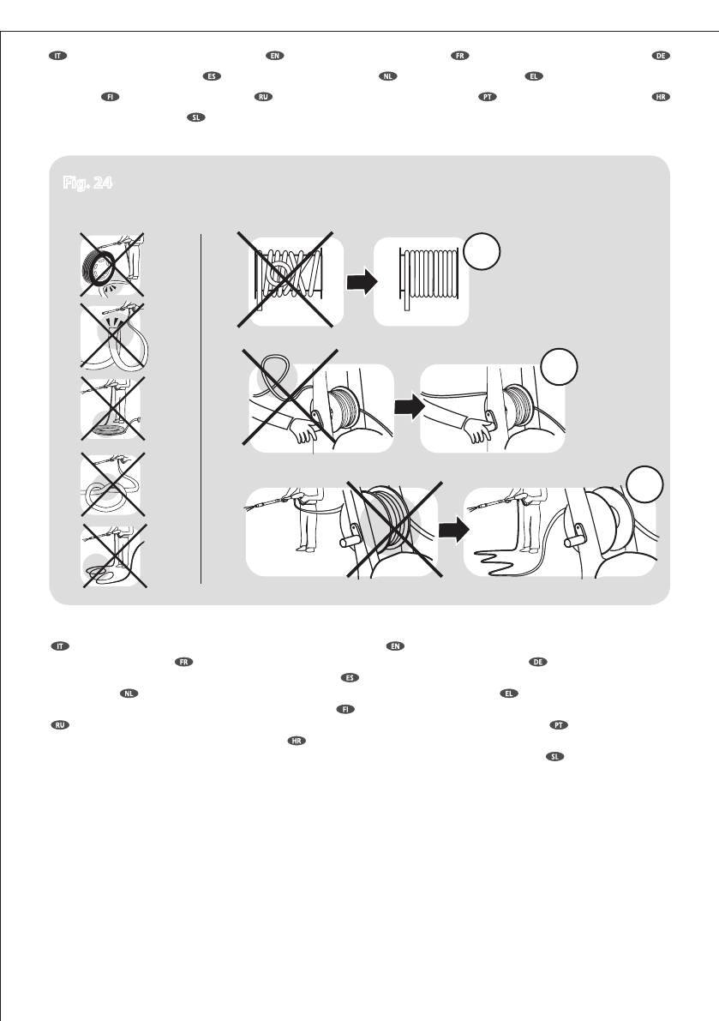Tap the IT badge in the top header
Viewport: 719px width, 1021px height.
click(x=57, y=56)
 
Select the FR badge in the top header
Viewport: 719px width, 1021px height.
click(x=459, y=56)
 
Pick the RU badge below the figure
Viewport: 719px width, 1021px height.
click(x=57, y=724)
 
